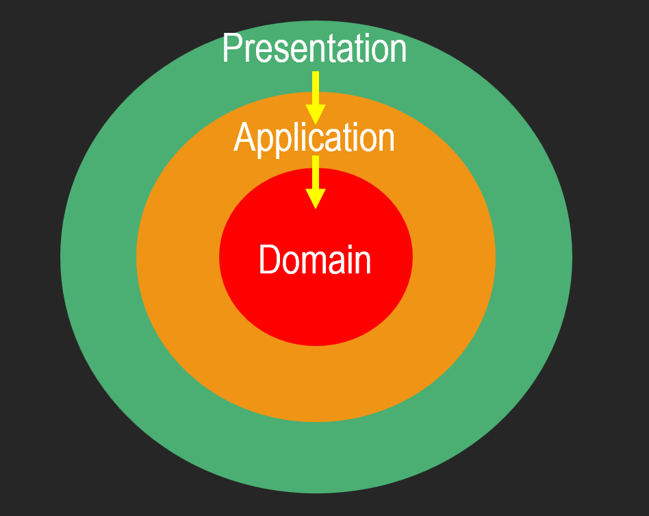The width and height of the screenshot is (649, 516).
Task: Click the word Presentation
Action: (314, 48)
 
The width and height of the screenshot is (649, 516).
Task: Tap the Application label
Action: (314, 138)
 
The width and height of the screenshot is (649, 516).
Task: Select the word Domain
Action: (315, 260)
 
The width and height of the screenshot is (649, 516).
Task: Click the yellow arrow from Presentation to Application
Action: (316, 98)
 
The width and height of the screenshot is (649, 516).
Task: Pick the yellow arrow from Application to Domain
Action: (316, 182)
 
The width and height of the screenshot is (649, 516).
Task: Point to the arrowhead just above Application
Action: (316, 115)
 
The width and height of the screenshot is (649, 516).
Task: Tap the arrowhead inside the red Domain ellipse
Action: (316, 199)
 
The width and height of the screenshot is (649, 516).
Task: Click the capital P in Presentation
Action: (231, 48)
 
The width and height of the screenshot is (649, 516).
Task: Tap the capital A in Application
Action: (243, 137)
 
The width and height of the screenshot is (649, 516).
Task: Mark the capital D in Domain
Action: (269, 260)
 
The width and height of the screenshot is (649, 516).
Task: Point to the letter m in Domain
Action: (318, 262)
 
